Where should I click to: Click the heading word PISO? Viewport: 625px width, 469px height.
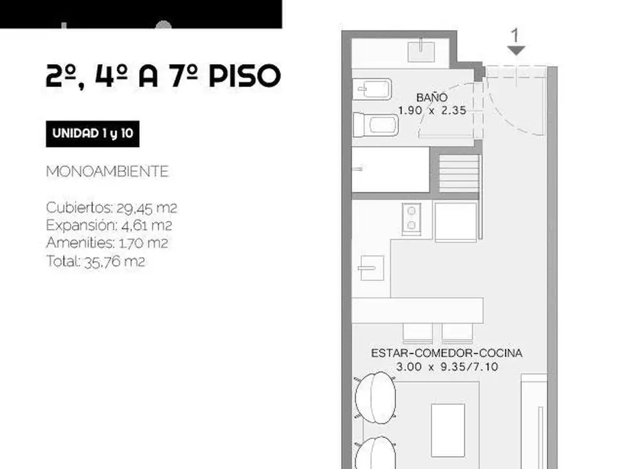pos(245,76)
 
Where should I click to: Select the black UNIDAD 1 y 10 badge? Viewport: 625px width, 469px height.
pos(93,134)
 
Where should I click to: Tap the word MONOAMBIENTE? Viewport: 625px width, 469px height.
pos(107,172)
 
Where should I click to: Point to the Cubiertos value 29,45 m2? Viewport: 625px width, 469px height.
pos(146,208)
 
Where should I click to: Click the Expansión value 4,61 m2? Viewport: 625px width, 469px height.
pos(146,226)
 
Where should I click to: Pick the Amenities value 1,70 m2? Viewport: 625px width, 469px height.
pos(143,243)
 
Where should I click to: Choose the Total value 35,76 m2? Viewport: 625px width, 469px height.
pos(114,261)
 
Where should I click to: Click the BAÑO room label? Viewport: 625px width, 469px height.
pos(432,97)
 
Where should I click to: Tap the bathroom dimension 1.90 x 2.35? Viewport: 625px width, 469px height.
pos(432,111)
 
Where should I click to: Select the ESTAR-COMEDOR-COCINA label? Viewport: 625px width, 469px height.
pos(446,353)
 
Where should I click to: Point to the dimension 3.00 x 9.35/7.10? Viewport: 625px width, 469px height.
pos(447,366)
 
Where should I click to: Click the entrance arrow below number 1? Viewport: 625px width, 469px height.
pos(516,51)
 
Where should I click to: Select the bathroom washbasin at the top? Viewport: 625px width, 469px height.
pos(421,51)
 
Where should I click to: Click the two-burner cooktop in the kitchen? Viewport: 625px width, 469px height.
pos(411,218)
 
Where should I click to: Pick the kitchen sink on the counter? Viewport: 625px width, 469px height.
pos(371,267)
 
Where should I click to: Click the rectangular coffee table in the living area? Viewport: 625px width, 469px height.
pos(448,430)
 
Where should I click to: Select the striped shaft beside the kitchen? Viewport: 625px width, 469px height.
pos(459,174)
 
